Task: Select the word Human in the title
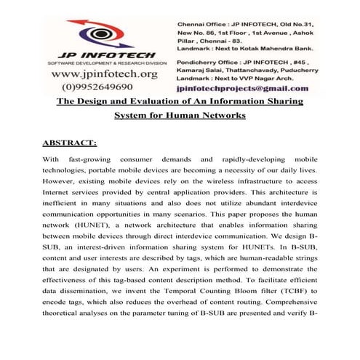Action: (192, 115)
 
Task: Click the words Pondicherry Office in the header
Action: (208, 64)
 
